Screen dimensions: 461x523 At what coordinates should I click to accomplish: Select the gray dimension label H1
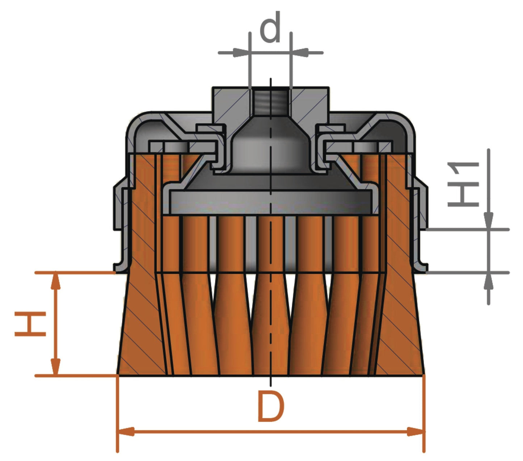464,185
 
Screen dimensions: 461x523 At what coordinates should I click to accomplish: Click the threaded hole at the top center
271,101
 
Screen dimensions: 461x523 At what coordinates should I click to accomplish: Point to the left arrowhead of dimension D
126,432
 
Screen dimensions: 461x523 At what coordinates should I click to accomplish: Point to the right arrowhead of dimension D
416,432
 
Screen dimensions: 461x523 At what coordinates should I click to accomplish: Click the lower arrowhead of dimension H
55,366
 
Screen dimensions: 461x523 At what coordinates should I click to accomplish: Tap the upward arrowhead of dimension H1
489,281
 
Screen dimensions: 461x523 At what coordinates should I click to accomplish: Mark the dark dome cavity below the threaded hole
271,148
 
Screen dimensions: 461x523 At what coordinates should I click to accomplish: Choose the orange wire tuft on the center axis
271,326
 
